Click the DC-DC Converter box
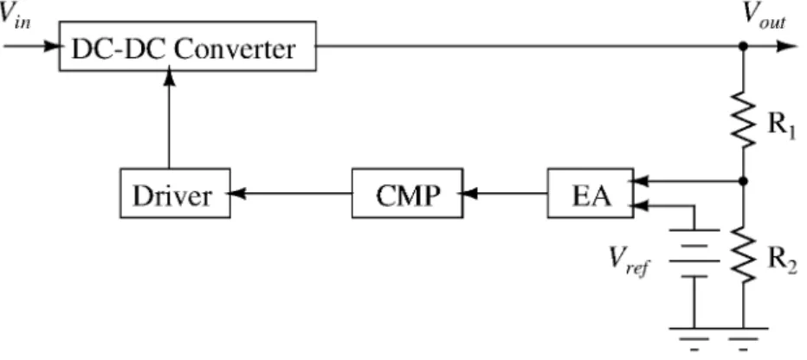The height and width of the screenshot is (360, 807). pos(187,46)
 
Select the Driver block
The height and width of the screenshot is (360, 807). pos(175,193)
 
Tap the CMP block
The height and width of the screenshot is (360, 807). pos(407,193)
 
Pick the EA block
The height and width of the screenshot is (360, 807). pos(591,193)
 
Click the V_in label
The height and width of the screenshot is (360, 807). pos(15,16)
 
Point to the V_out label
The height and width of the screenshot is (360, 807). pos(765,17)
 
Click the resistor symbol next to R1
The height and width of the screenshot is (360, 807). pos(743,122)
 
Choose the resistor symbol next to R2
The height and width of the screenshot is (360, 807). pos(743,255)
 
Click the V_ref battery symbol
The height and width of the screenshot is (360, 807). pos(694,253)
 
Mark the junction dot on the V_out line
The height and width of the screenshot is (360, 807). pos(743,46)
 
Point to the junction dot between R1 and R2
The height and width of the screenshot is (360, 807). pos(743,181)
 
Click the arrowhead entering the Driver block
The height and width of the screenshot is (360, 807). pos(236,193)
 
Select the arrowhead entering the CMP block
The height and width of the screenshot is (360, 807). pos(468,193)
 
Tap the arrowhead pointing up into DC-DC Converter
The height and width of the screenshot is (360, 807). pos(169,77)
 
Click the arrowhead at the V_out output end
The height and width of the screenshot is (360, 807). pos(787,46)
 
